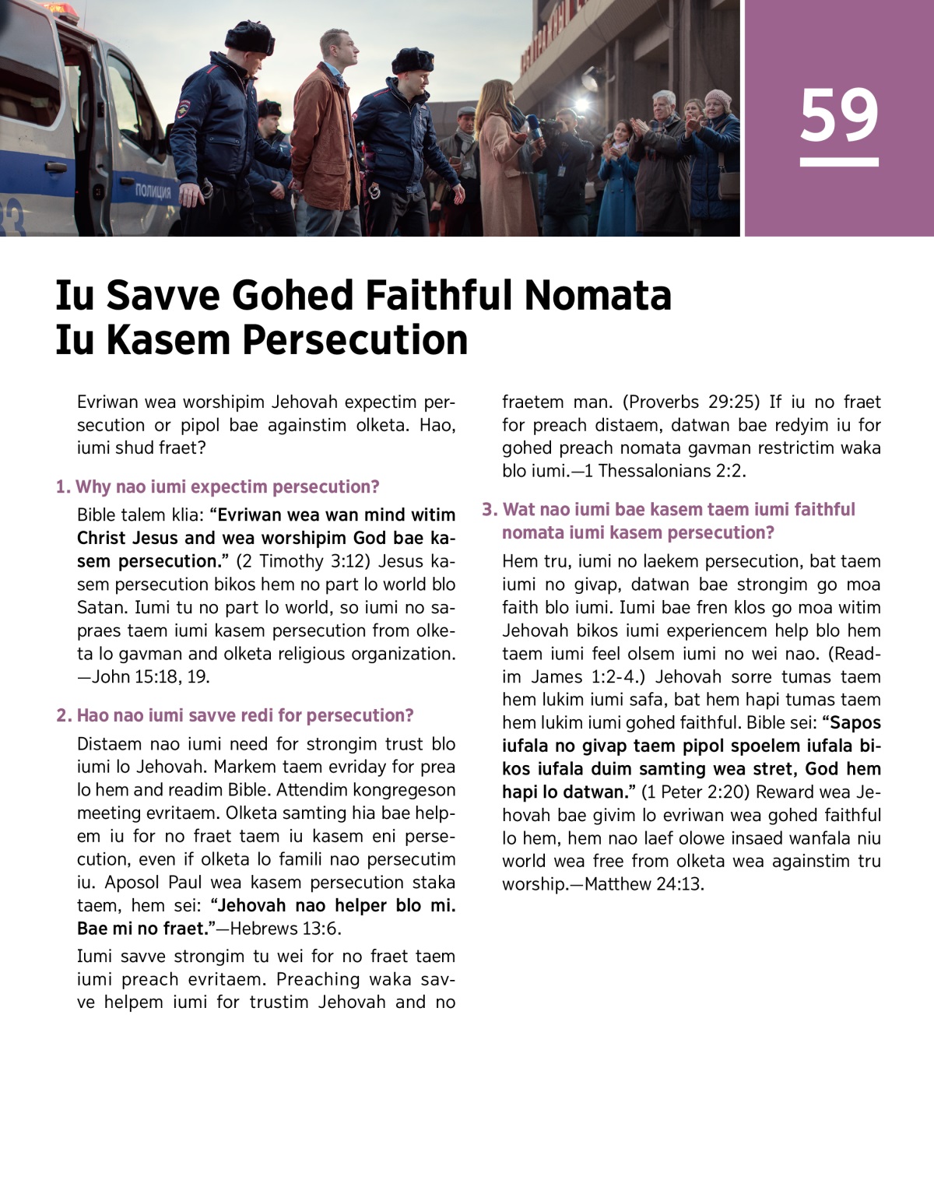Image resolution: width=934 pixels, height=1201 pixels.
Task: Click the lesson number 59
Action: coord(839,116)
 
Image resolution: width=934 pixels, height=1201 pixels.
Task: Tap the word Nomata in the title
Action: coord(597,296)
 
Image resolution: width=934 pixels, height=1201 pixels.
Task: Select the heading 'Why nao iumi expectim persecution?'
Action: coord(218,487)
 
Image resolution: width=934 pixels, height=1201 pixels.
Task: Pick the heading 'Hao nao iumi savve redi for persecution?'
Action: coord(235,715)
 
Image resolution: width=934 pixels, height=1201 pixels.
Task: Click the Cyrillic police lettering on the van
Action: coord(153,191)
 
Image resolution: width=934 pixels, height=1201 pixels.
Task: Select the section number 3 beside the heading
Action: coord(489,510)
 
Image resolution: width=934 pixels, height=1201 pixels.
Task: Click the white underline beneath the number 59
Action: coord(839,163)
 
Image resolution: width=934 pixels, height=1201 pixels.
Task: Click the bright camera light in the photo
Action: coord(581,105)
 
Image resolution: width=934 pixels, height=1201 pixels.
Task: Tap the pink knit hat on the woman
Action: coord(717,98)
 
